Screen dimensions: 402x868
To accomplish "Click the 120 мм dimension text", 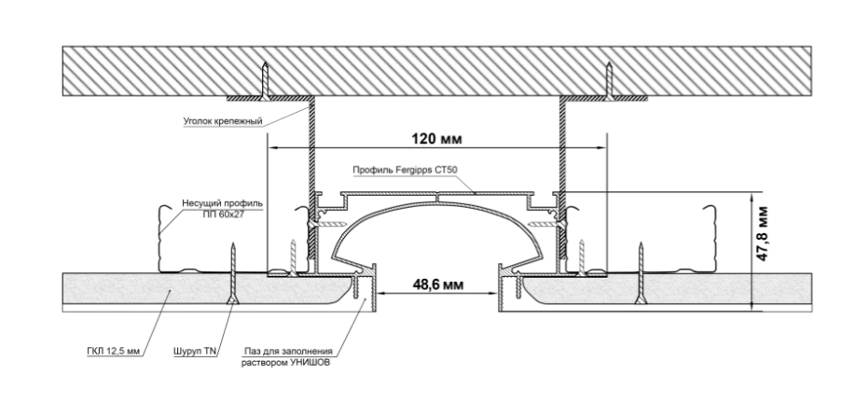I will [x=434, y=138].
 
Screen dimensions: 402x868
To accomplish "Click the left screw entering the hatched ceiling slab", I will [x=265, y=79].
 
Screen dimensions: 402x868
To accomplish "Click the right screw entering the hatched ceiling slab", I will [x=608, y=79].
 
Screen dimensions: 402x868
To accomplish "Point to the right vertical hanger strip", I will [x=563, y=149].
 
